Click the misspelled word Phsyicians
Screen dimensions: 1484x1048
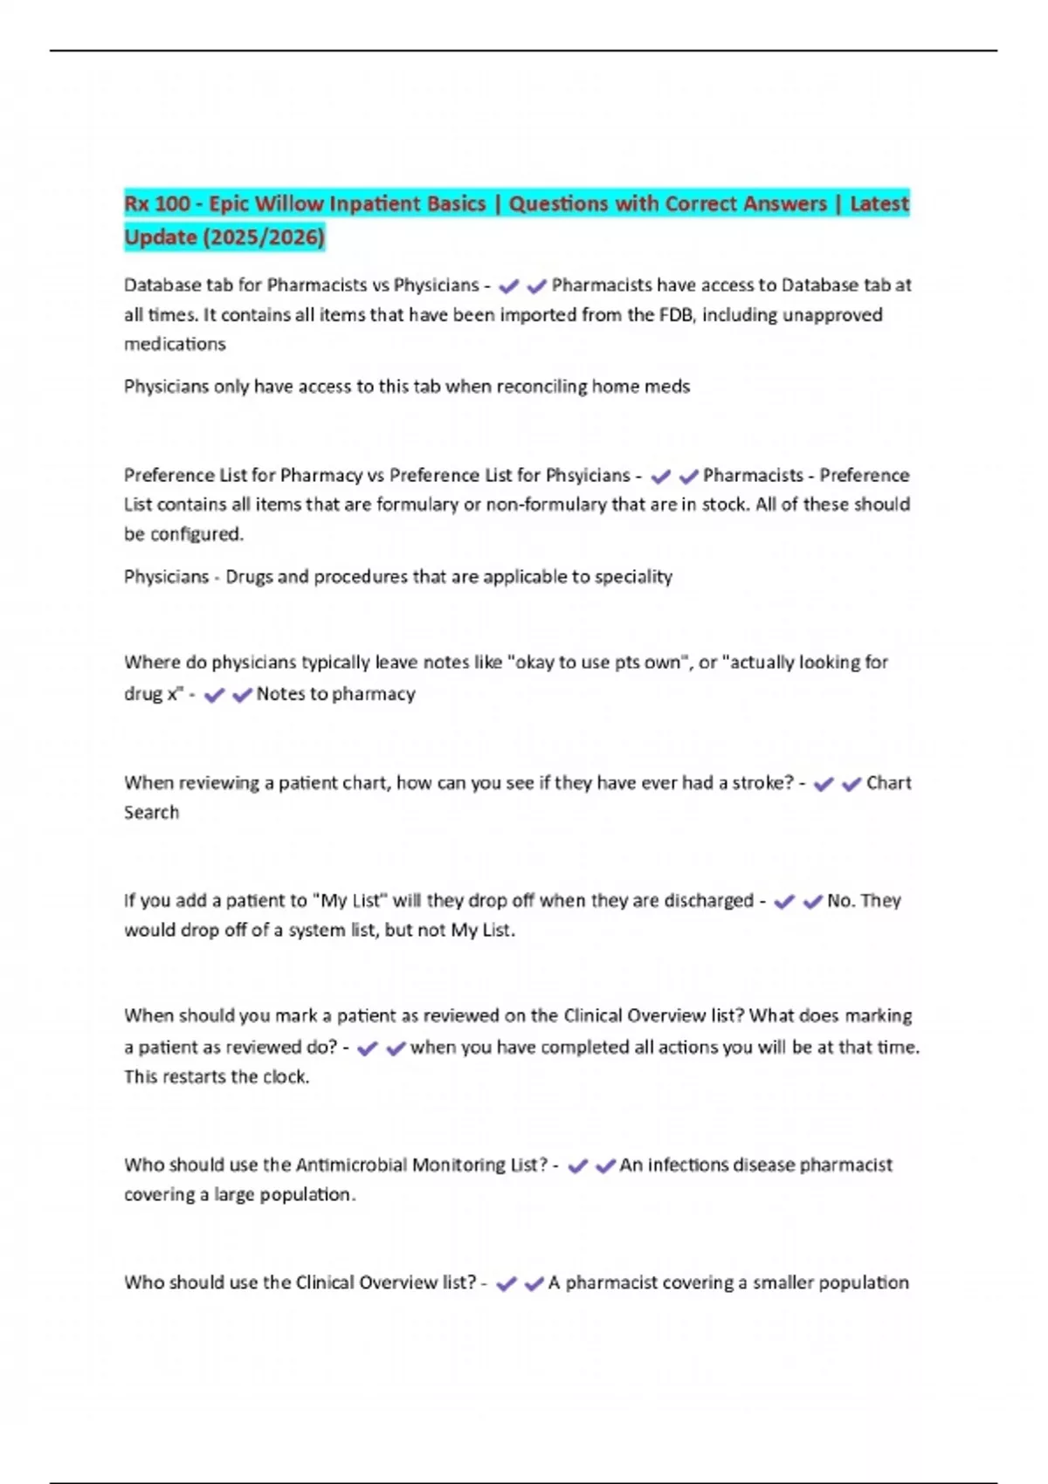[x=588, y=476]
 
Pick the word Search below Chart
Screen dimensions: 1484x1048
[x=151, y=813]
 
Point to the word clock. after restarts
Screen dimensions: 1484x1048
[x=286, y=1077]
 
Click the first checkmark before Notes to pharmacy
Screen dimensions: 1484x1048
[x=214, y=696]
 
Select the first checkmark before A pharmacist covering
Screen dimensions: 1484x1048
[x=507, y=1284]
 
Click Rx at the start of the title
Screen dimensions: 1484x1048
[x=136, y=204]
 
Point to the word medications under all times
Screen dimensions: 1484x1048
[x=175, y=345]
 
